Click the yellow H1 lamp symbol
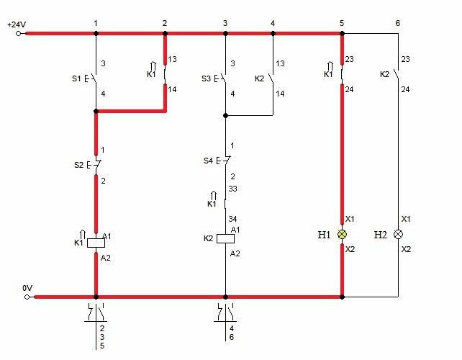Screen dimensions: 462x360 coord(342,235)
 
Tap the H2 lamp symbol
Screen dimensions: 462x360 coord(398,235)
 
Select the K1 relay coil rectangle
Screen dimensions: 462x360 coord(96,243)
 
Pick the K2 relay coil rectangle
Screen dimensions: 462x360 coord(225,238)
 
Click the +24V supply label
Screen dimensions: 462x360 coord(17,24)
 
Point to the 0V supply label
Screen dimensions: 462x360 coord(27,288)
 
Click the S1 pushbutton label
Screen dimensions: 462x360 coord(76,78)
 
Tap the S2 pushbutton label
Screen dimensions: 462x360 coord(78,165)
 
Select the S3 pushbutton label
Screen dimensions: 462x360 coord(206,78)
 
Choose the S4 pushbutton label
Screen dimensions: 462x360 coord(208,161)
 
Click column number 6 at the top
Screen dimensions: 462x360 coord(398,23)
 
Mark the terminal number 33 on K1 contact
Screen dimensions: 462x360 coord(232,189)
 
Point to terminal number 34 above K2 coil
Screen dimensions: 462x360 coord(232,219)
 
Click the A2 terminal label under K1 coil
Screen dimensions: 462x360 coord(106,258)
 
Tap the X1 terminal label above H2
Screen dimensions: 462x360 coord(406,219)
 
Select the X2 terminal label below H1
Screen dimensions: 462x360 coord(350,249)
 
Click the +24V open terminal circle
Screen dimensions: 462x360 coord(18,34)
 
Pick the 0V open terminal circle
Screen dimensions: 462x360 coord(27,297)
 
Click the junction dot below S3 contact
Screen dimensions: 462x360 coord(225,116)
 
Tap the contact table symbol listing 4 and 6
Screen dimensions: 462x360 coord(225,321)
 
